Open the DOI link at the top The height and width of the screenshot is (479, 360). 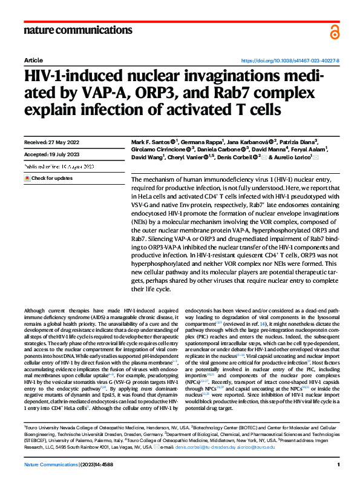(x=290, y=61)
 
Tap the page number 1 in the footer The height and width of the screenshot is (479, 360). (x=338, y=464)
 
